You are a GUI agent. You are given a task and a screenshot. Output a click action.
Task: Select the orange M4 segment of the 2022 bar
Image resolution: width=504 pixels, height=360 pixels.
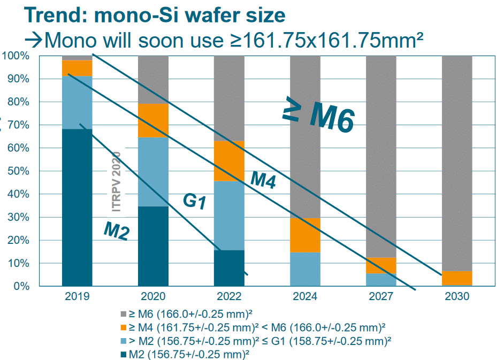pyautogui.click(x=229, y=161)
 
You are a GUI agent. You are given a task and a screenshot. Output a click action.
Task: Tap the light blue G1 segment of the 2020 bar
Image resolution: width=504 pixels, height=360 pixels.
pyautogui.click(x=153, y=172)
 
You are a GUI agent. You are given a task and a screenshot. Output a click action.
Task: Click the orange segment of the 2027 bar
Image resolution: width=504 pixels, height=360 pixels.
pyautogui.click(x=381, y=265)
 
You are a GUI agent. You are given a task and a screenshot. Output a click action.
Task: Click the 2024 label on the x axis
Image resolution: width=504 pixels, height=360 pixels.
pyautogui.click(x=305, y=296)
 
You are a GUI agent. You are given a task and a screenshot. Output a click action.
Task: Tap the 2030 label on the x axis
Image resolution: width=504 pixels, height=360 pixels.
pyautogui.click(x=457, y=296)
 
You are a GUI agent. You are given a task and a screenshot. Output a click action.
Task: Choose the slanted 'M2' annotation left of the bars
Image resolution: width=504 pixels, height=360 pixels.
pyautogui.click(x=116, y=231)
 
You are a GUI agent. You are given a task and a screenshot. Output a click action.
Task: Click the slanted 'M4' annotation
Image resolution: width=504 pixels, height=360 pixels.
pyautogui.click(x=263, y=180)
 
